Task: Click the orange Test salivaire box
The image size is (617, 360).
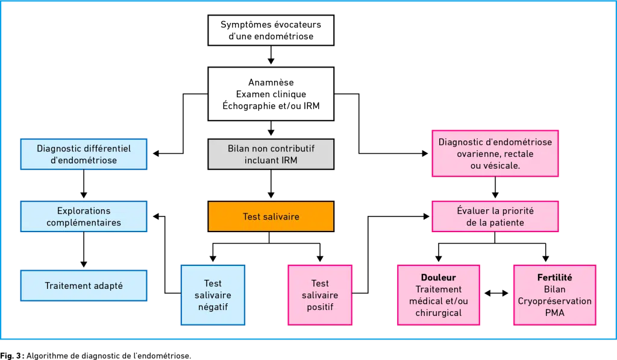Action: point(271,216)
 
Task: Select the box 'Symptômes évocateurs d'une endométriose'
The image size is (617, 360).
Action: point(271,30)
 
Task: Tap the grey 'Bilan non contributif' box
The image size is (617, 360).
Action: point(271,154)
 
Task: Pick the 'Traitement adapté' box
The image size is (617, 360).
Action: point(84,286)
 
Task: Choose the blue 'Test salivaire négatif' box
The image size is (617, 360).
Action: point(213,295)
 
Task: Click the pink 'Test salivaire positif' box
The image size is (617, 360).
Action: point(320,295)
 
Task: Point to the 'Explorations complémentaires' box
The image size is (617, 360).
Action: point(84,216)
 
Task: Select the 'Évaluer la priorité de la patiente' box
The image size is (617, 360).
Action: point(495,216)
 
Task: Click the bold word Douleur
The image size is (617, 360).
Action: point(439,277)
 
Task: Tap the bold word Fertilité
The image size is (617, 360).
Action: point(554,277)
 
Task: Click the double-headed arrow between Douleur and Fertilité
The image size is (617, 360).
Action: point(496,293)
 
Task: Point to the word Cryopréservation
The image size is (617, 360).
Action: point(554,301)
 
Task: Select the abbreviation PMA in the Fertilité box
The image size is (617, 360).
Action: point(554,313)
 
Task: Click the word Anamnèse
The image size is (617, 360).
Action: point(271,83)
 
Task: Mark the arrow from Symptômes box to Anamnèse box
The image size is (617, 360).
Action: point(271,55)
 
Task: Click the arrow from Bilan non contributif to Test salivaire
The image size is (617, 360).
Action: point(271,184)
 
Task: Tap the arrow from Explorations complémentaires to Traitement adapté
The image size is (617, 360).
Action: point(83,250)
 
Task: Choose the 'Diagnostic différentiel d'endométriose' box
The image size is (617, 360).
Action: point(84,154)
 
